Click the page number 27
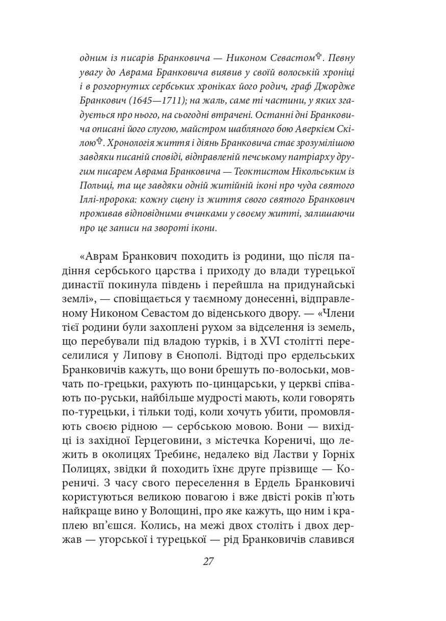pyautogui.click(x=208, y=562)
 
